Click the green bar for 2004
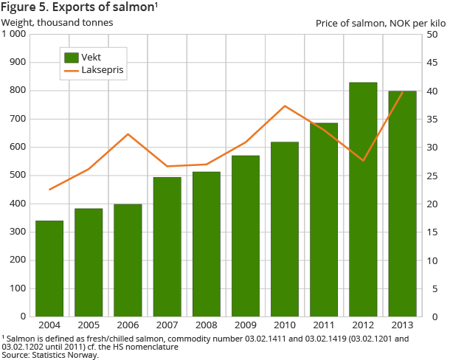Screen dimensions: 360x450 pos(49,269)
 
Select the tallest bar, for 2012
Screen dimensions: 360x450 pos(363,199)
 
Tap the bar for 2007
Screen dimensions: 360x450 pos(167,247)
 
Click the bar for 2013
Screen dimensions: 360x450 pos(402,204)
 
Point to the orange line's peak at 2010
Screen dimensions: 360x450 pos(285,106)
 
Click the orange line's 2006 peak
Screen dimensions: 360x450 pos(128,134)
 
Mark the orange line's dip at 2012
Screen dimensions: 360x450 pos(363,160)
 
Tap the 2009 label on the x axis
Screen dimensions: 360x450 pos(246,325)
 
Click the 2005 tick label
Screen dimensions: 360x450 pos(89,325)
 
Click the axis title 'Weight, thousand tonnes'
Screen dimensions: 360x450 pos(58,22)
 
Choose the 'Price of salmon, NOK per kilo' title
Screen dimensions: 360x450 pos(381,23)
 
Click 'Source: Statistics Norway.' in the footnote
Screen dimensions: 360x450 pos(50,355)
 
